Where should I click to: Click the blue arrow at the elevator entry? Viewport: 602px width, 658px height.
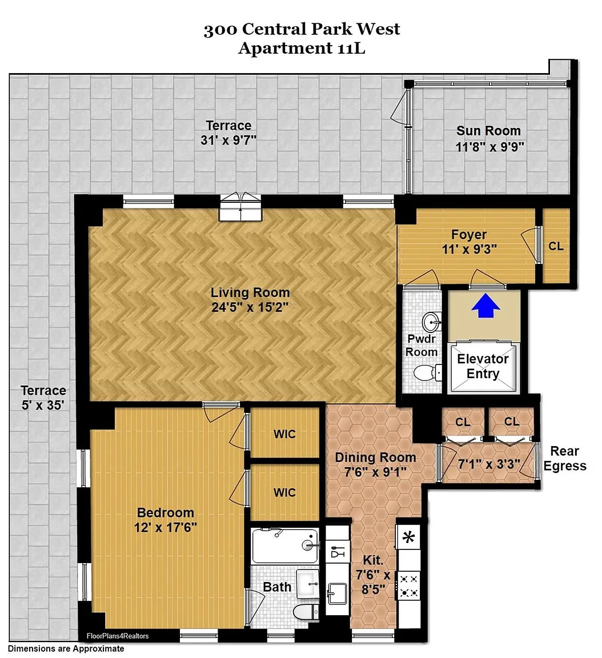click(x=485, y=306)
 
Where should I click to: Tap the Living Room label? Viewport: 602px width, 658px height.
click(x=250, y=292)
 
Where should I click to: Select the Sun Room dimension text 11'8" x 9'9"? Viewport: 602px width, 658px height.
click(x=489, y=147)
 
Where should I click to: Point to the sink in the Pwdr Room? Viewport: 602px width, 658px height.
click(x=432, y=322)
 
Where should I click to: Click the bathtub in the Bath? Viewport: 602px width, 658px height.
click(x=285, y=545)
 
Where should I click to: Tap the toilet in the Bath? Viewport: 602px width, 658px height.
click(x=306, y=612)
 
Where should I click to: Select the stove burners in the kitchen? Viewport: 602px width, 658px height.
click(x=408, y=586)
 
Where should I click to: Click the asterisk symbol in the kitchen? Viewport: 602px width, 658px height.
click(x=408, y=537)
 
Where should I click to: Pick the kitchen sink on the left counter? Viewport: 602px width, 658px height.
click(x=338, y=592)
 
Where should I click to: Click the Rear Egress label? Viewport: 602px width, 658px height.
click(x=565, y=458)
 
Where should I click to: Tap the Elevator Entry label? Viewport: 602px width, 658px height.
click(x=483, y=366)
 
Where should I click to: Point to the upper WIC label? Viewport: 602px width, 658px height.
click(x=285, y=434)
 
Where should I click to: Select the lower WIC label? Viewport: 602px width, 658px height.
click(x=285, y=492)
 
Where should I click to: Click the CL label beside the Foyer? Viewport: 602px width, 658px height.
click(x=556, y=246)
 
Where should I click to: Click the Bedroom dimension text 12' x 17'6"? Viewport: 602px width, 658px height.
click(x=165, y=527)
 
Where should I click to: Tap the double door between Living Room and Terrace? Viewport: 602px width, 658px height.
click(x=240, y=207)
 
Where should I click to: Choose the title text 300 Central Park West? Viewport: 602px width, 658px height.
click(x=302, y=29)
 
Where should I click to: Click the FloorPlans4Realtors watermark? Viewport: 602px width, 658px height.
click(x=118, y=636)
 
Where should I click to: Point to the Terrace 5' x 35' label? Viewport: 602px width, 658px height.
click(x=43, y=398)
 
